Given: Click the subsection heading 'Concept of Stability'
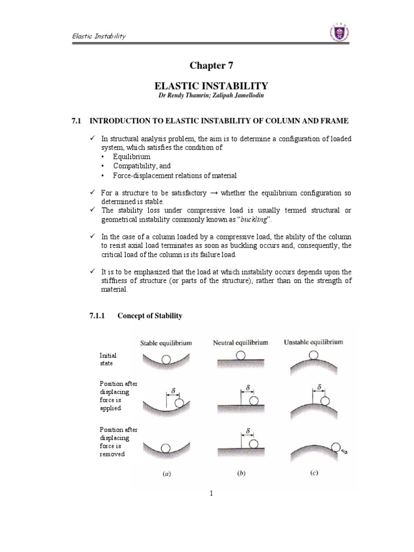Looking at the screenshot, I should tap(153, 316).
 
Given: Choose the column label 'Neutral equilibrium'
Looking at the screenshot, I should tap(240, 342).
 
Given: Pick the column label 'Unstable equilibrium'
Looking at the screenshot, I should tap(313, 342).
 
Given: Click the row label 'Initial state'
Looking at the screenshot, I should tap(108, 359).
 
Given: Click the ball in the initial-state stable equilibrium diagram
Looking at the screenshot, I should tap(167, 358).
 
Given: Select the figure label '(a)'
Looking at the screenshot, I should tap(166, 474).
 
